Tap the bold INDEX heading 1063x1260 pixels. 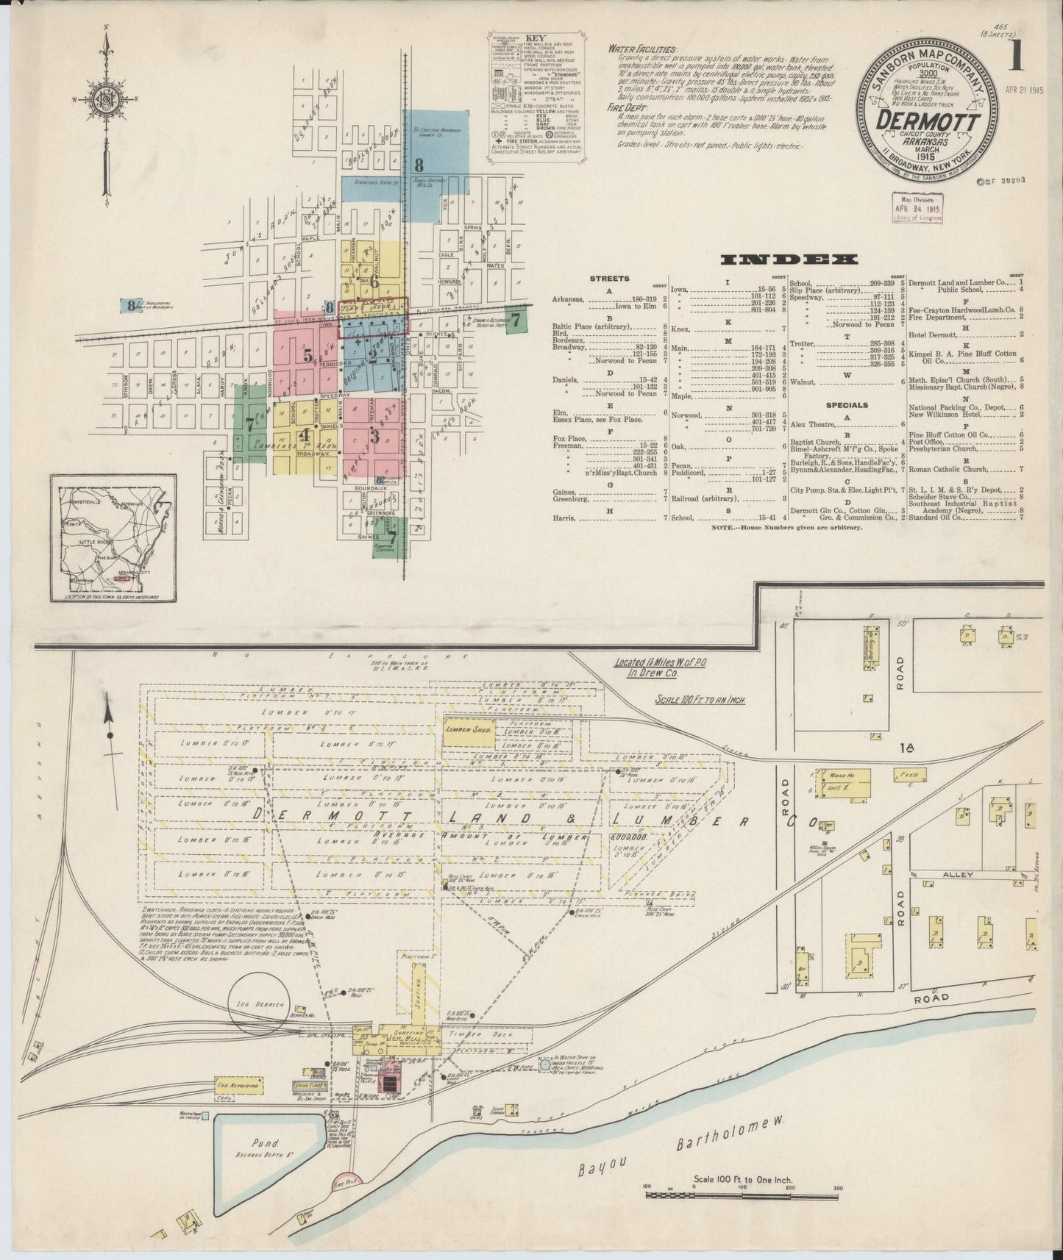tap(789, 259)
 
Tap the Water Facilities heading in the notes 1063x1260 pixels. tap(637, 49)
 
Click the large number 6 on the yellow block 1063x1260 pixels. tap(374, 282)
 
